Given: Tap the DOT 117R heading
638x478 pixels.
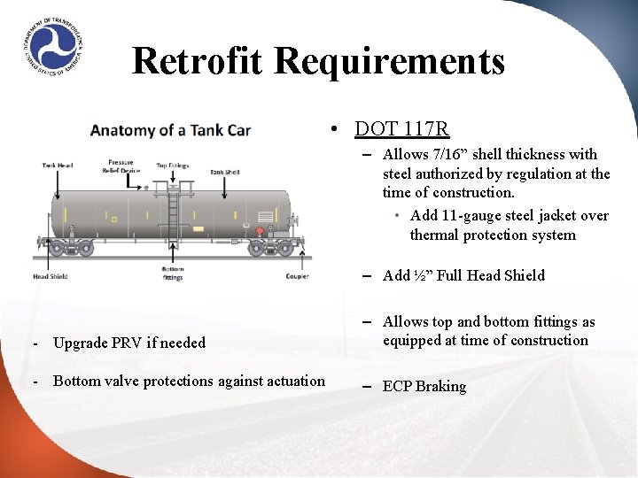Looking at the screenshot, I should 401,129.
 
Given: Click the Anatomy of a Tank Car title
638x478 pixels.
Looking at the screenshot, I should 170,131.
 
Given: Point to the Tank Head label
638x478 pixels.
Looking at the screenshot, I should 58,166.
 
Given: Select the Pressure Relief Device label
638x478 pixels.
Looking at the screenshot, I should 121,166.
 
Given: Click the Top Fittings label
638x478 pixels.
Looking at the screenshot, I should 173,166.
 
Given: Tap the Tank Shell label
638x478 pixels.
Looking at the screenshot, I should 224,172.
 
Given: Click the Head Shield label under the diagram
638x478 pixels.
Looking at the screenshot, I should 50,276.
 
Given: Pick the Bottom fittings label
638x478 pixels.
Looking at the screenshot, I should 173,273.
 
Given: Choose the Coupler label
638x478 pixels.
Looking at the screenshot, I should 297,276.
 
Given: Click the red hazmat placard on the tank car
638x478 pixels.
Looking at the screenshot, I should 260,231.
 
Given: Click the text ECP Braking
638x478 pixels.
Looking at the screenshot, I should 424,386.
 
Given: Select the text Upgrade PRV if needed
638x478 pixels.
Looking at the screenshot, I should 129,343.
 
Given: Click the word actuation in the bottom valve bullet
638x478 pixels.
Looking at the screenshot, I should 289,381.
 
